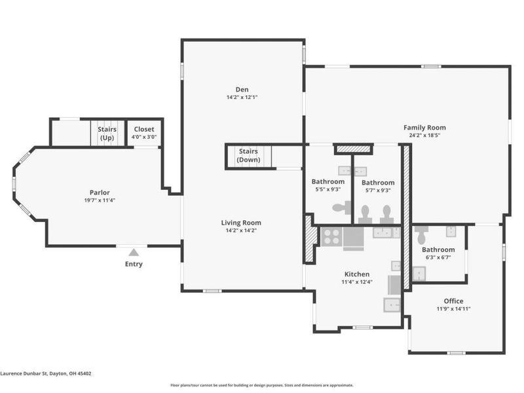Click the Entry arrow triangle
click(x=134, y=252)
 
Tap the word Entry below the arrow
click(x=134, y=264)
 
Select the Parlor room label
click(x=100, y=193)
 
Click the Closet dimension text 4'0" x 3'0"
click(x=144, y=137)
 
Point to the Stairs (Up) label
click(x=107, y=134)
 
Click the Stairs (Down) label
click(x=248, y=155)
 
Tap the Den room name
click(x=242, y=89)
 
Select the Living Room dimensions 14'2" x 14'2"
click(x=241, y=231)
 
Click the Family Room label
click(x=424, y=127)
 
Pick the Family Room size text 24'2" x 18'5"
click(x=424, y=136)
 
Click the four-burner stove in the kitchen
click(x=331, y=236)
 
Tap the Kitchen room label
click(x=357, y=274)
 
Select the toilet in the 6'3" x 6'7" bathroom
click(x=421, y=235)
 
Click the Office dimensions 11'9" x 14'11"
click(x=453, y=309)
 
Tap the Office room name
click(x=453, y=301)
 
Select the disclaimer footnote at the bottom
click(x=261, y=385)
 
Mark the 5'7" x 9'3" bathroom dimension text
click(x=378, y=191)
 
